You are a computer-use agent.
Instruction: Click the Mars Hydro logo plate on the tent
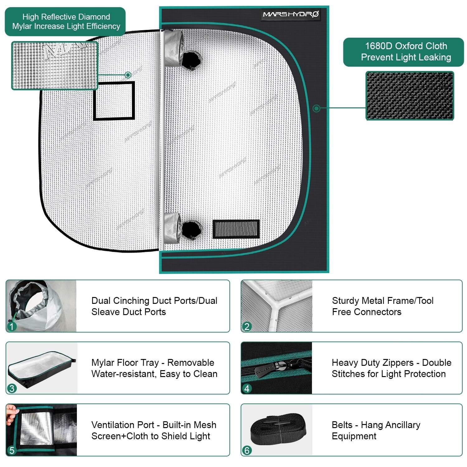tap(291, 14)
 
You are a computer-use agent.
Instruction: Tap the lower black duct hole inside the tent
tap(191, 230)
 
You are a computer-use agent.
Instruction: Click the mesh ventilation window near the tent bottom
tap(236, 229)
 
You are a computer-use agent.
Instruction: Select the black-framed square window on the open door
tap(114, 101)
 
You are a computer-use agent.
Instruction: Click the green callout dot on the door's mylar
tap(128, 75)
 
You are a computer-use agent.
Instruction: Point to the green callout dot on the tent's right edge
tap(316, 108)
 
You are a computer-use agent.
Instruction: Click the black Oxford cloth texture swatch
tap(409, 96)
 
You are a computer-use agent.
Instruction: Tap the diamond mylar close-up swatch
tap(55, 66)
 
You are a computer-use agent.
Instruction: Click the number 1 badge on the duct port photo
tap(12, 327)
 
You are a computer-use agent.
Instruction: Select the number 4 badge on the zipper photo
tap(247, 389)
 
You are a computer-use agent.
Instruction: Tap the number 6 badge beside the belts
tap(247, 450)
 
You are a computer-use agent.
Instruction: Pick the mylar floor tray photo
tap(42, 367)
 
